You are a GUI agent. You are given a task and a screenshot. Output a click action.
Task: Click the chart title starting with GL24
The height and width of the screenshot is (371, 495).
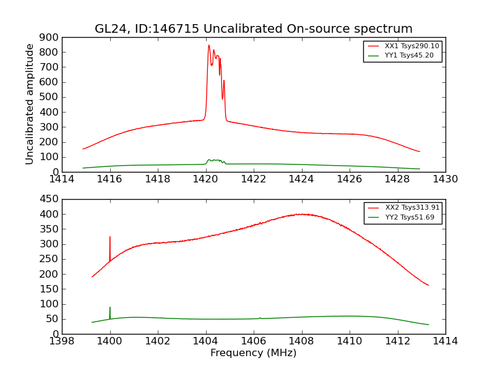[x=253, y=29]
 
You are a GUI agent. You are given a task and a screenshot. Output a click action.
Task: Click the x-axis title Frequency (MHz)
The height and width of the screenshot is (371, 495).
[x=253, y=353]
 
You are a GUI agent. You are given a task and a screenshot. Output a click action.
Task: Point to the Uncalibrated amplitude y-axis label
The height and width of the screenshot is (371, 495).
[x=30, y=104]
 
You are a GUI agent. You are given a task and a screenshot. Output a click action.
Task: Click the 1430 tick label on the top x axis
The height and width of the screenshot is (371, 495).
[x=445, y=179]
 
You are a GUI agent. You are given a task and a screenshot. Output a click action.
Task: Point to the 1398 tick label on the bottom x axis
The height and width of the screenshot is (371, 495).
[x=62, y=341]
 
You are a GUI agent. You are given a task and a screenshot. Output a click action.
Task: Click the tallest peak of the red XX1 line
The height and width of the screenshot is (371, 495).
[x=209, y=45]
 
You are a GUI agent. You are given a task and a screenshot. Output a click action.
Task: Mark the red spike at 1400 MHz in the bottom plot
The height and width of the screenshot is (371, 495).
[x=110, y=237]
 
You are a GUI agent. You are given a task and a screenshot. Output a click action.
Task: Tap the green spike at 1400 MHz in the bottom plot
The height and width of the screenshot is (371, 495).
[x=110, y=307]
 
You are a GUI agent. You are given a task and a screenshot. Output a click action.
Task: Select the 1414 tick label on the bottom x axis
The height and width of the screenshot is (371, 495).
[x=445, y=341]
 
